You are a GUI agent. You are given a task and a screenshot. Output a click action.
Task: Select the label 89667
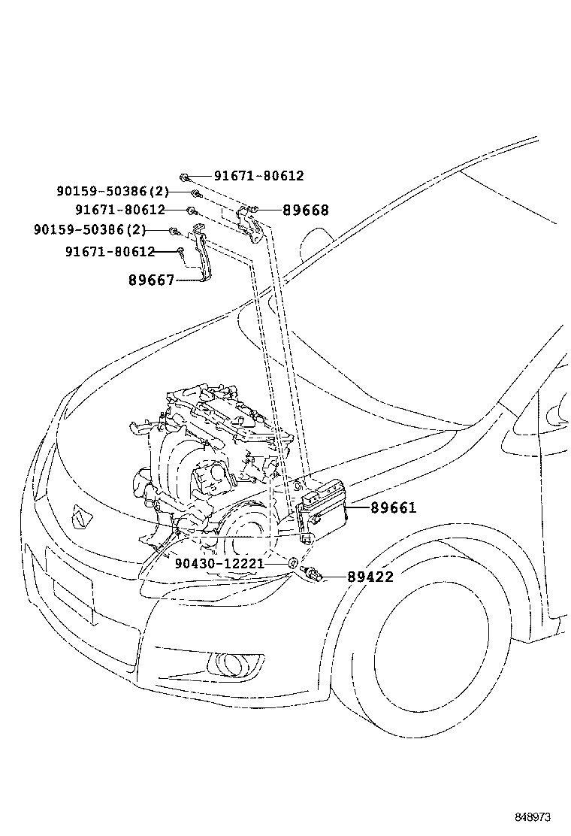click(x=151, y=280)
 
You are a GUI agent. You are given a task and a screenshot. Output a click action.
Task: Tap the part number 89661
click(x=392, y=508)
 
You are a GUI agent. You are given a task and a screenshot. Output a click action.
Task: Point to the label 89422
click(x=370, y=577)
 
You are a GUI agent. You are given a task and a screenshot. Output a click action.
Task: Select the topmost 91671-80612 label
click(x=258, y=176)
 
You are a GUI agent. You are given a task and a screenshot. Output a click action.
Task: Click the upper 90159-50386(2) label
click(x=112, y=192)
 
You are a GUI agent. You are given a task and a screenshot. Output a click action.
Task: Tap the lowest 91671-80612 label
click(x=110, y=252)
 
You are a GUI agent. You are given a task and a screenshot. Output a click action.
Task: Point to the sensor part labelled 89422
click(x=313, y=575)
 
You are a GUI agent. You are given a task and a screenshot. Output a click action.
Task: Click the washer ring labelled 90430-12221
click(x=292, y=563)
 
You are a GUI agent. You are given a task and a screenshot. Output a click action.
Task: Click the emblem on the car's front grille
click(x=79, y=517)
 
